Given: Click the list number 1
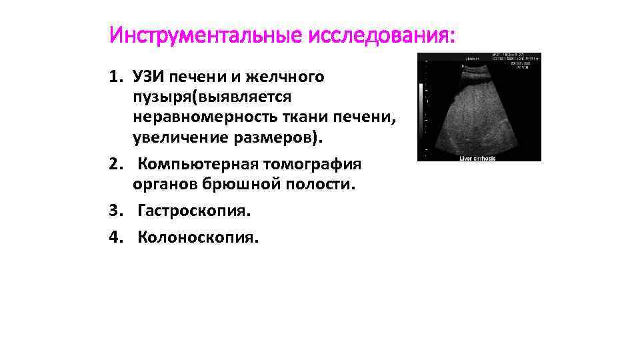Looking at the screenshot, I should [115, 77].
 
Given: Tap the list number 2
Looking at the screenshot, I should [115, 163].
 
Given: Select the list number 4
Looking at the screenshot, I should [115, 237].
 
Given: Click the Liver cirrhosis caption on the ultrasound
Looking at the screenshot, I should [479, 158].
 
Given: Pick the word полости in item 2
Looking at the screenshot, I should [324, 185].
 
